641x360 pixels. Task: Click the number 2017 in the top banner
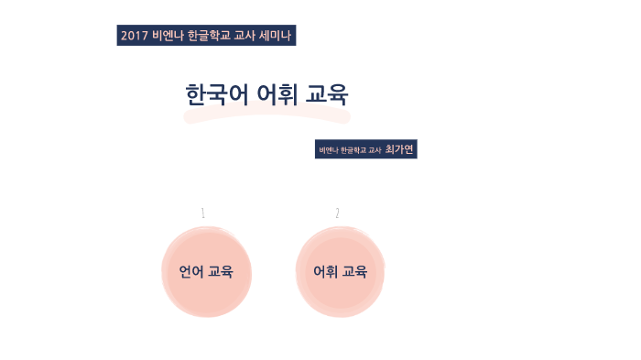[134, 36]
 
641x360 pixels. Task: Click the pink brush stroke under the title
[266, 116]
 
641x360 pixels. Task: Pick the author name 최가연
[399, 149]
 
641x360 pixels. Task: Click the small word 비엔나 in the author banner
[328, 150]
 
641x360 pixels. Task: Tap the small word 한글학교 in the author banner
[353, 150]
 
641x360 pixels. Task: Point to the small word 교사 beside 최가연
[374, 150]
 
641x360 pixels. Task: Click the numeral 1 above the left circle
[202, 213]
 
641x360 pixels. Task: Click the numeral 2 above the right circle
[337, 213]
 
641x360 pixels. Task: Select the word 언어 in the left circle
[190, 272]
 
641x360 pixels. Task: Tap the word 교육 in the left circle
[220, 272]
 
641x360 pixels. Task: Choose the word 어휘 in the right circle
[325, 272]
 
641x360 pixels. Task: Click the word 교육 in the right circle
[354, 272]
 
